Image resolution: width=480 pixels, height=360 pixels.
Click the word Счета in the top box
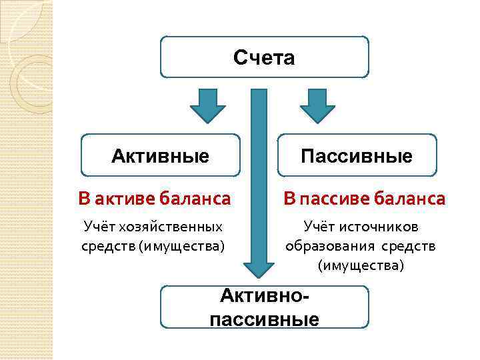pos(264,59)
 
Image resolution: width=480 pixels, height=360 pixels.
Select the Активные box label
pos(160,157)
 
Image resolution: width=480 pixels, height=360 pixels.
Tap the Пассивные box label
pos(357,157)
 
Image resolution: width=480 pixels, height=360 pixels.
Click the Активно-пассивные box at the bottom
pos(264,307)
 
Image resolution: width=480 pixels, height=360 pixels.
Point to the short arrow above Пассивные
pos(317,105)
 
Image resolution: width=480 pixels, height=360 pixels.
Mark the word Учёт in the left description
pos(99,227)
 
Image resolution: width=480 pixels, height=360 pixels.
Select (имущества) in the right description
pos(361,265)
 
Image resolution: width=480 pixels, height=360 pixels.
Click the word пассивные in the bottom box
pos(264,319)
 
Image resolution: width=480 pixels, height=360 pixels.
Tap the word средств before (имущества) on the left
pos(107,246)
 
